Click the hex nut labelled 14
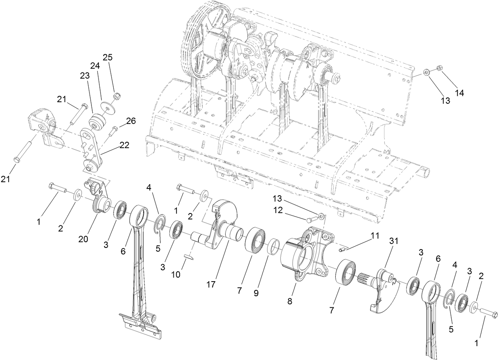[x=439, y=68]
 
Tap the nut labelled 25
[x=117, y=96]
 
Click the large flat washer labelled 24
[x=106, y=107]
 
